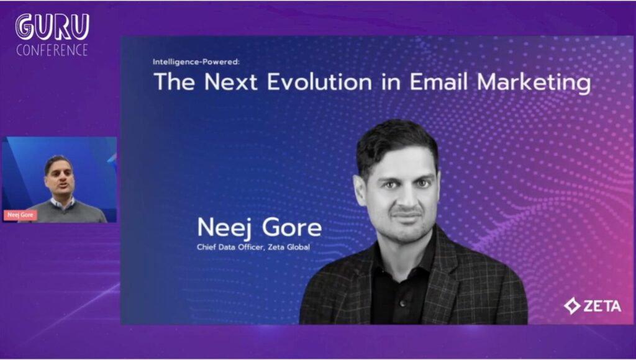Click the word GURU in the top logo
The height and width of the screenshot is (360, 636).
pyautogui.click(x=52, y=27)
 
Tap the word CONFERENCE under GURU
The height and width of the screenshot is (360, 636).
pyautogui.click(x=52, y=50)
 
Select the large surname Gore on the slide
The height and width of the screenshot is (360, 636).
pyautogui.click(x=291, y=228)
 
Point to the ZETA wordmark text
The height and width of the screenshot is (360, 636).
pyautogui.click(x=601, y=305)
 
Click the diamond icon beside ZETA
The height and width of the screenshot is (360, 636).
pyautogui.click(x=571, y=305)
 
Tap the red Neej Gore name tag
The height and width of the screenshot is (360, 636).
pyautogui.click(x=20, y=215)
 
